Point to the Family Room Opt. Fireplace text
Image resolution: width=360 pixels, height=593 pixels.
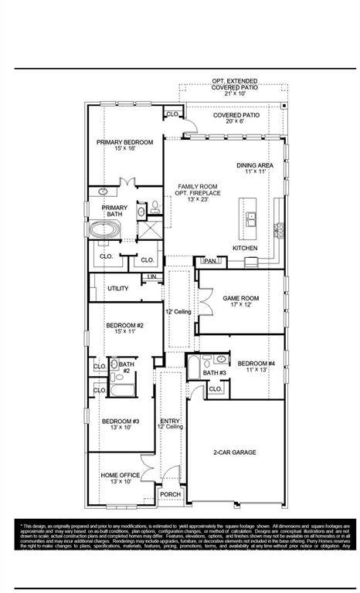pyautogui.click(x=198, y=193)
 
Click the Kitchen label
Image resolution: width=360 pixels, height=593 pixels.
pyautogui.click(x=245, y=247)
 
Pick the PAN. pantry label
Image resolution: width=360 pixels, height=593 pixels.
pyautogui.click(x=209, y=262)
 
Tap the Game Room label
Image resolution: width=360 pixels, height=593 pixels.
pyautogui.click(x=240, y=301)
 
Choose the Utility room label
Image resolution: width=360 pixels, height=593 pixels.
pyautogui.click(x=118, y=289)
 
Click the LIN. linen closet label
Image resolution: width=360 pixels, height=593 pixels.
pyautogui.click(x=152, y=276)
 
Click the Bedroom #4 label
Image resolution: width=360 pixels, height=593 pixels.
pyautogui.click(x=256, y=367)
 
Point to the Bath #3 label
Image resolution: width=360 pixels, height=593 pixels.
pyautogui.click(x=214, y=374)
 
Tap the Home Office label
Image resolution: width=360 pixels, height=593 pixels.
pyautogui.click(x=121, y=478)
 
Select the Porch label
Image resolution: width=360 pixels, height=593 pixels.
pyautogui.click(x=170, y=494)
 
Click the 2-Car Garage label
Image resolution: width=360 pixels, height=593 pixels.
pyautogui.click(x=235, y=452)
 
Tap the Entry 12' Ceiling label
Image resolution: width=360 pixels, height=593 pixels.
pyautogui.click(x=170, y=423)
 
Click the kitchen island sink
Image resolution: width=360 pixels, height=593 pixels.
pyautogui.click(x=252, y=220)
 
